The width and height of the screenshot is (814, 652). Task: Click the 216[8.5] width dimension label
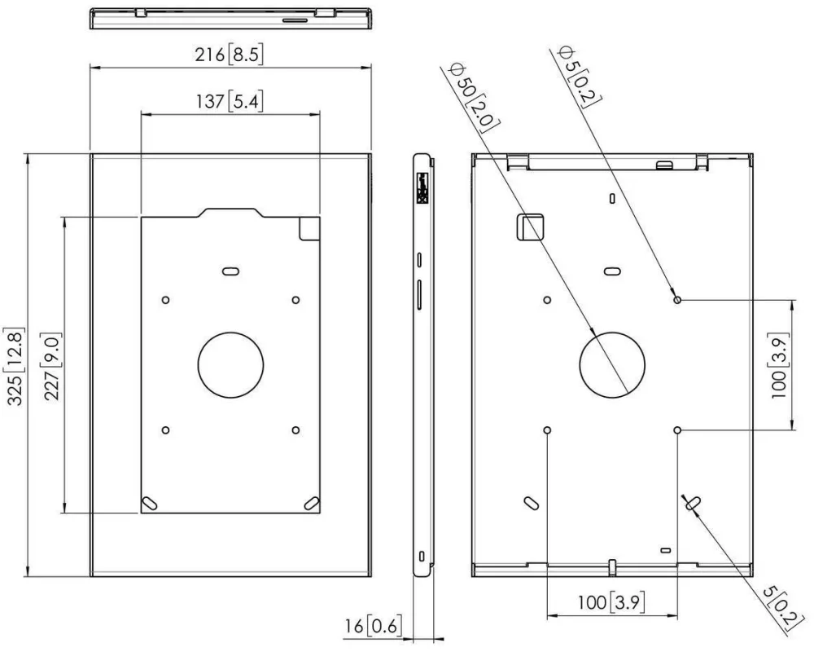tap(229, 55)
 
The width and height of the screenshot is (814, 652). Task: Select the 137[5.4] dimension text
tap(229, 102)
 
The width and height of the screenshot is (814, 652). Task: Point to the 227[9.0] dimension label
tap(54, 364)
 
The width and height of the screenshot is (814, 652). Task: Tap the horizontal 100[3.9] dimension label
tap(611, 603)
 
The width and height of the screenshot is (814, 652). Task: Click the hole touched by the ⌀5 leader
tap(677, 300)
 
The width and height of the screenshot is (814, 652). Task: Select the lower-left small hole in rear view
tap(547, 430)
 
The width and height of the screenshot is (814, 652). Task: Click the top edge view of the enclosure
tap(230, 18)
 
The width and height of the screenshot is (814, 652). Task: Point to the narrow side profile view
tap(421, 364)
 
